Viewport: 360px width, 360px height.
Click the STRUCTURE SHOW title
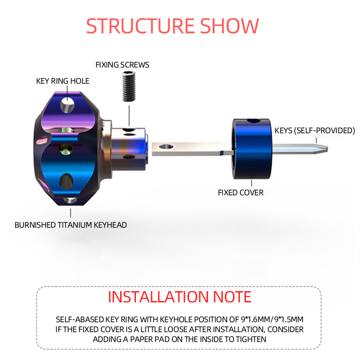tap(173, 26)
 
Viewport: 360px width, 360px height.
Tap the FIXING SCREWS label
tap(122, 65)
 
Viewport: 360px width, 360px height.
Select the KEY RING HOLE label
tap(63, 81)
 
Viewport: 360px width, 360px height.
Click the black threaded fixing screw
tap(129, 86)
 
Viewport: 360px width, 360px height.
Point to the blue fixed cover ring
tap(252, 149)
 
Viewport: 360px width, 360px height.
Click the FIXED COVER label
tap(241, 193)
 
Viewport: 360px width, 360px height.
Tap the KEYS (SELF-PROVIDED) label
tap(315, 130)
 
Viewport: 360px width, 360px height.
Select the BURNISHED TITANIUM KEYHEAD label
tap(71, 225)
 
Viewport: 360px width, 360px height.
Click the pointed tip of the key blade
tap(328, 149)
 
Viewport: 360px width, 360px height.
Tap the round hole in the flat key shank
tap(166, 146)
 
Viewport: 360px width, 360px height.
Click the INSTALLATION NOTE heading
tap(180, 297)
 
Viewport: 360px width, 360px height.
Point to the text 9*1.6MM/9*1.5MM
tap(272, 319)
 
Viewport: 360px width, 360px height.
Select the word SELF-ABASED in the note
tap(80, 319)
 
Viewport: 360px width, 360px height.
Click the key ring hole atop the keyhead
tap(67, 105)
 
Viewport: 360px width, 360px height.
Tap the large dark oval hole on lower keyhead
tap(66, 181)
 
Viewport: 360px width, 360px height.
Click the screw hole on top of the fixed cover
tap(253, 120)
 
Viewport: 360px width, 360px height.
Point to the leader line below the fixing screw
tap(129, 116)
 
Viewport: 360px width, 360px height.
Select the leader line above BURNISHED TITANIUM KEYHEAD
tap(71, 213)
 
